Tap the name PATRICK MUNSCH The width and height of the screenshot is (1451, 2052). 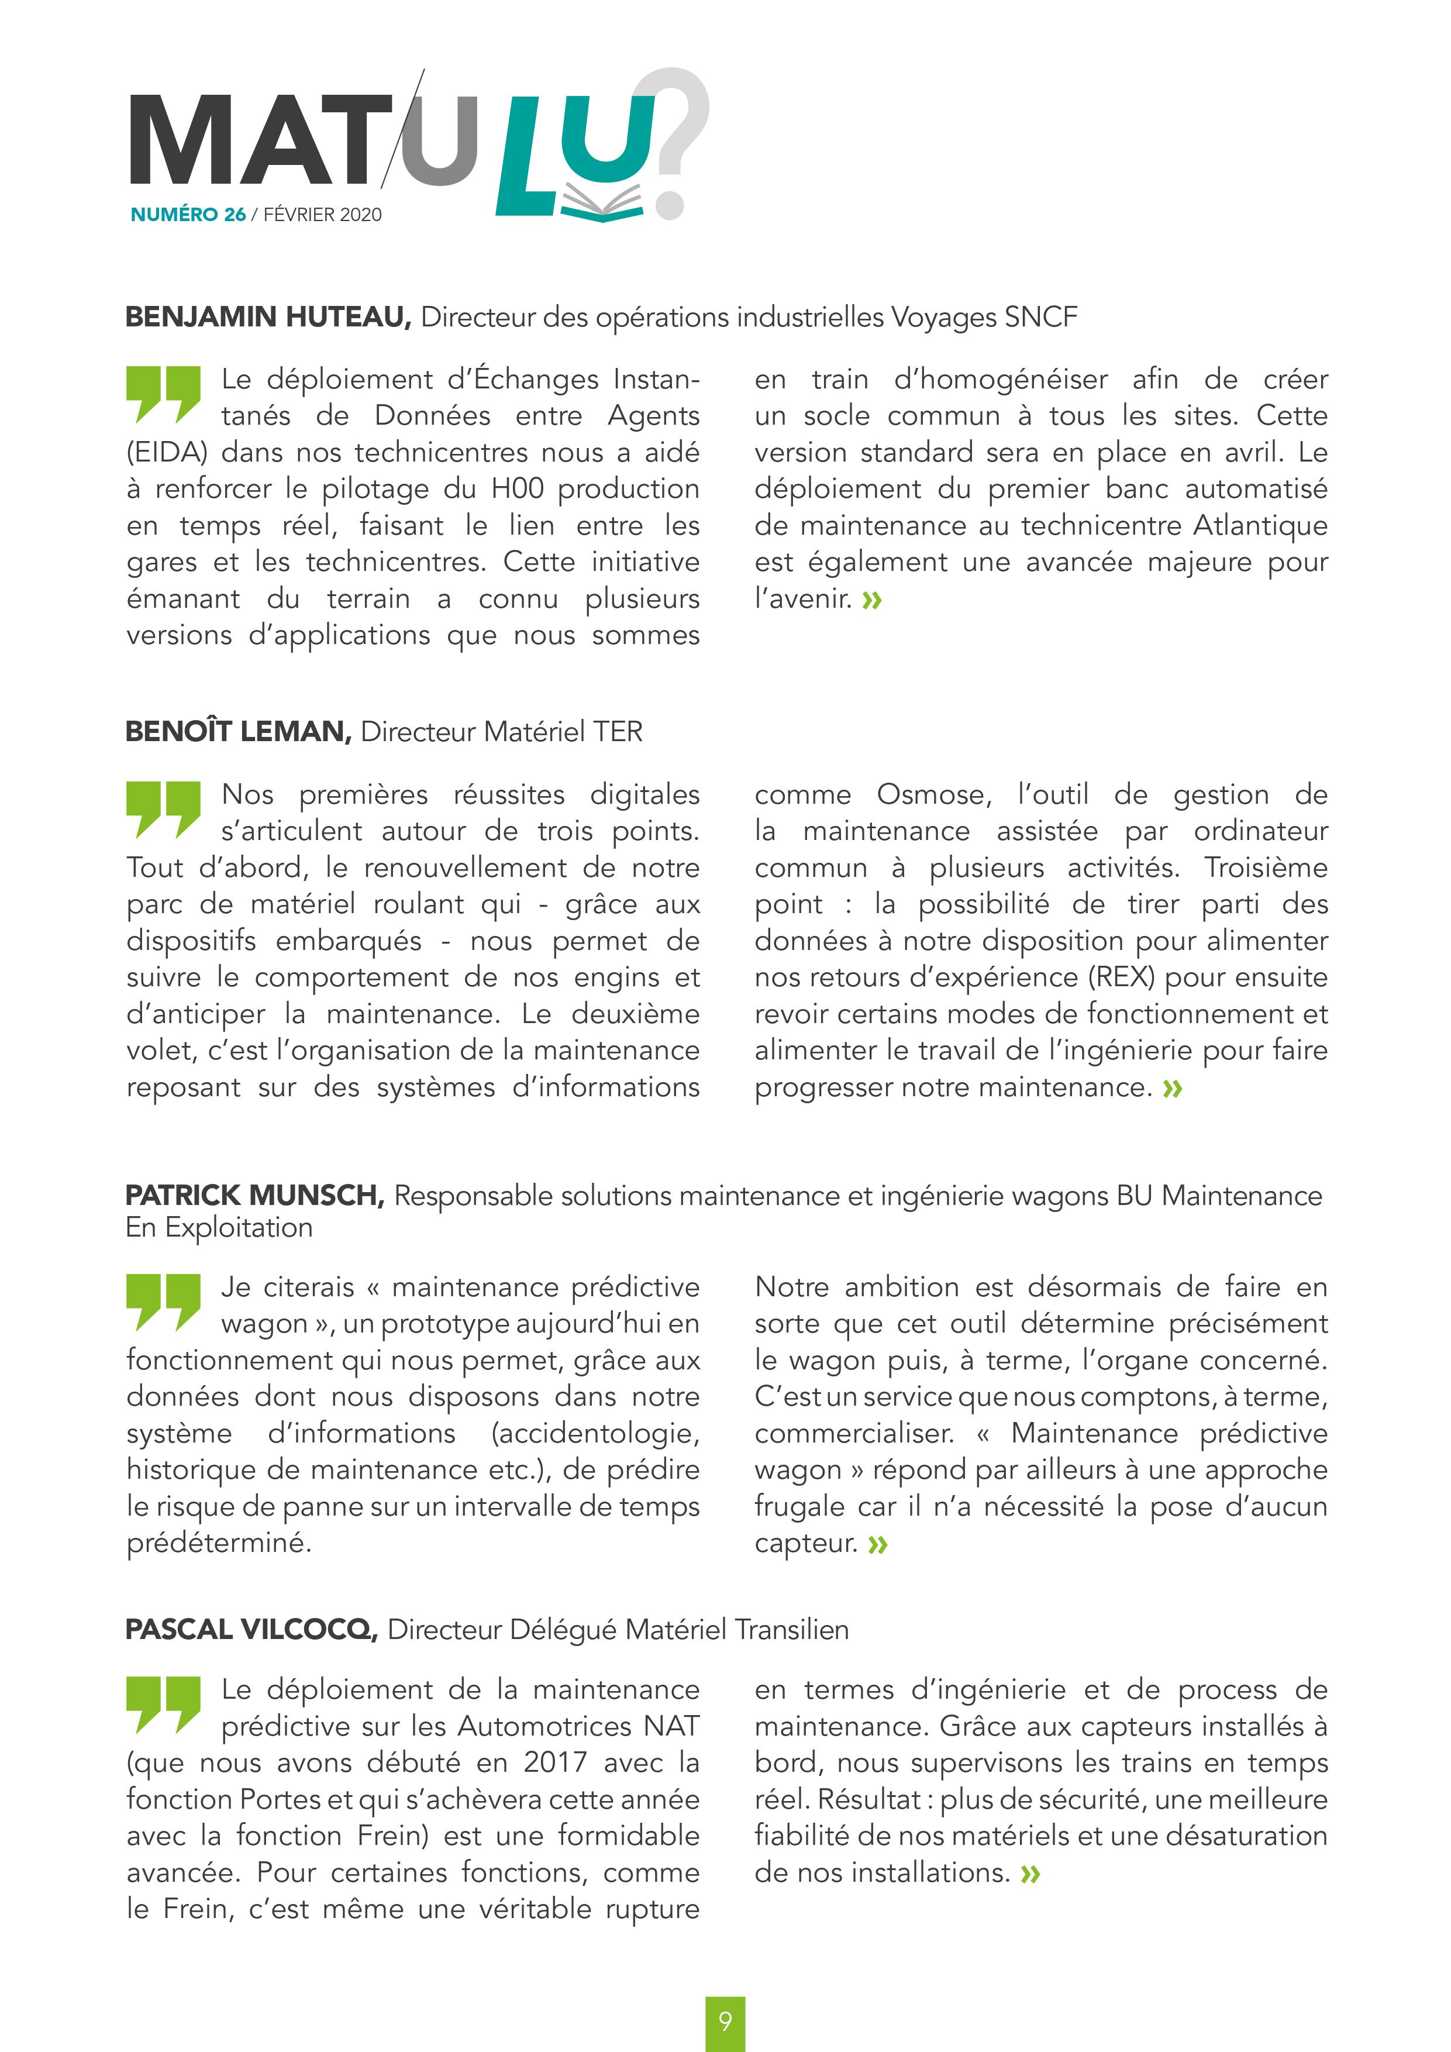(254, 1196)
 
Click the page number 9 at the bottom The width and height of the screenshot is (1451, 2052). (725, 2022)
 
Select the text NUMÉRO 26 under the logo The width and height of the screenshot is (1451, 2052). (188, 215)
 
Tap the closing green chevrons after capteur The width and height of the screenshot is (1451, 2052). (877, 1544)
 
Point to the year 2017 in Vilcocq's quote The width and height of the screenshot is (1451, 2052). (555, 1762)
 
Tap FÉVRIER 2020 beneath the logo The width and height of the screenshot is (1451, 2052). (323, 215)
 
